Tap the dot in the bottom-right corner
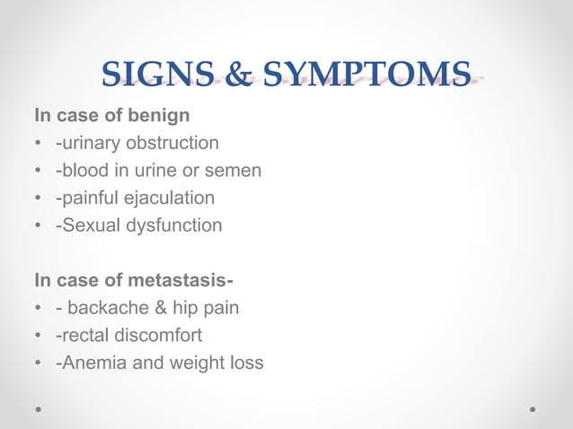pos(533,407)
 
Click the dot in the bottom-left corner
pos(39,407)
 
